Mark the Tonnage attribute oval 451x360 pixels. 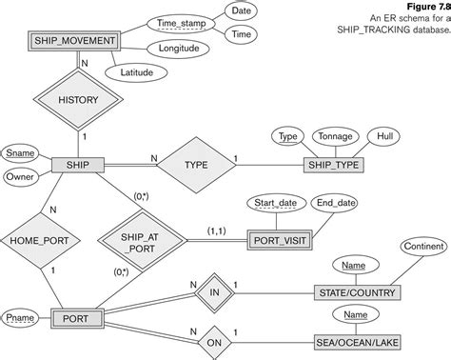click(x=333, y=136)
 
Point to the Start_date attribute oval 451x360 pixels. click(x=276, y=202)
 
